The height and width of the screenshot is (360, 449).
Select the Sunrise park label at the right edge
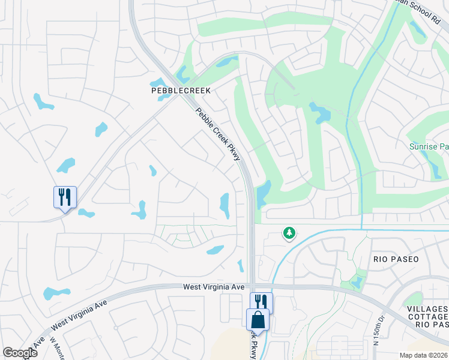[x=428, y=146]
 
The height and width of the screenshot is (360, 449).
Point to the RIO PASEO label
[x=396, y=259]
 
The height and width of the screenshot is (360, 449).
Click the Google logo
[x=20, y=353]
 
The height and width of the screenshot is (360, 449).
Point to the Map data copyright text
[x=423, y=355]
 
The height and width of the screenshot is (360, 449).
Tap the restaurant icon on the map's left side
[x=65, y=197]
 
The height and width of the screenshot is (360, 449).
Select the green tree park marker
[x=289, y=233]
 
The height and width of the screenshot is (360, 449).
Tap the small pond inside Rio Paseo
[x=357, y=281]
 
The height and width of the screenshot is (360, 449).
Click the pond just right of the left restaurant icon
[x=86, y=213]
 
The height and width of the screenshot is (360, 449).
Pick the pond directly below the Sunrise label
[x=433, y=168]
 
